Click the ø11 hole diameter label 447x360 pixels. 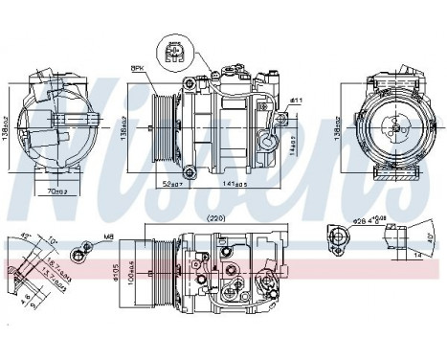[296, 101]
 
